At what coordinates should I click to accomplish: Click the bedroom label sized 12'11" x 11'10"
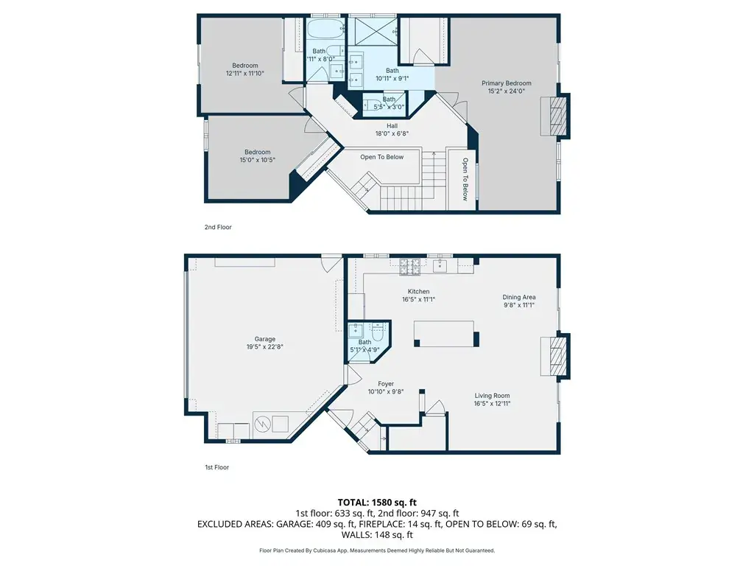tap(245, 69)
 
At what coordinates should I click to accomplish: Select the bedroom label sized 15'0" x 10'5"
tap(258, 156)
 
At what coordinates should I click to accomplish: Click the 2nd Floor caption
tap(218, 227)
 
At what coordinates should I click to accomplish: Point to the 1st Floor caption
tap(217, 467)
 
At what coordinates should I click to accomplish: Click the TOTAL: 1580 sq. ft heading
tap(377, 503)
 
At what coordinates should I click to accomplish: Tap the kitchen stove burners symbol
tap(410, 267)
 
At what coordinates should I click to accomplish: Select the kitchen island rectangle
tap(446, 334)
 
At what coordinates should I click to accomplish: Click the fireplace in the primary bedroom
tap(555, 116)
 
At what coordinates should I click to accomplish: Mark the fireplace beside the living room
tap(555, 356)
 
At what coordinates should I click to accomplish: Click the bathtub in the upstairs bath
tap(325, 31)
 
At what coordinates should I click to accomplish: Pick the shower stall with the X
tap(373, 32)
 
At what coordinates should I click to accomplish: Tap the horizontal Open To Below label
tap(382, 157)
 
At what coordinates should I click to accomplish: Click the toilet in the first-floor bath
tap(378, 331)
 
